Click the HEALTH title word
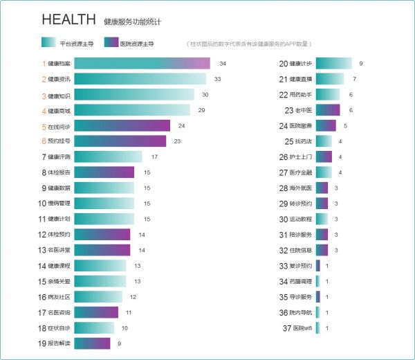point(68,19)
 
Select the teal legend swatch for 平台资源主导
point(49,42)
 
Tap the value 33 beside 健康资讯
point(218,79)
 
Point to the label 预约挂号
point(59,141)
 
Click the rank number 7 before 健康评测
point(43,157)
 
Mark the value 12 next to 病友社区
point(133,297)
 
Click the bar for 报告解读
point(92,343)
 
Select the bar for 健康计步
point(333,64)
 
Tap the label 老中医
point(304,110)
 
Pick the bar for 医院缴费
point(326,125)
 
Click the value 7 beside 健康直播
point(354,79)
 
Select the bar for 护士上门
point(324,156)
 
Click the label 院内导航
point(301,312)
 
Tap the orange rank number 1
point(43,64)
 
